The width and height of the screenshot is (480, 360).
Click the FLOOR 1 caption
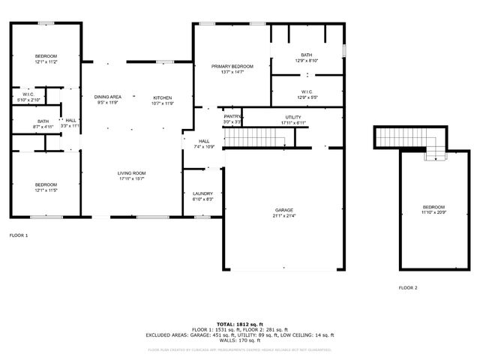19,235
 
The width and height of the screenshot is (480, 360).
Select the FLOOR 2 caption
408,288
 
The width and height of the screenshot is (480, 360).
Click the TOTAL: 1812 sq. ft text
240,324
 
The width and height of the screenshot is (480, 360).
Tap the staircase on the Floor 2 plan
405,137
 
